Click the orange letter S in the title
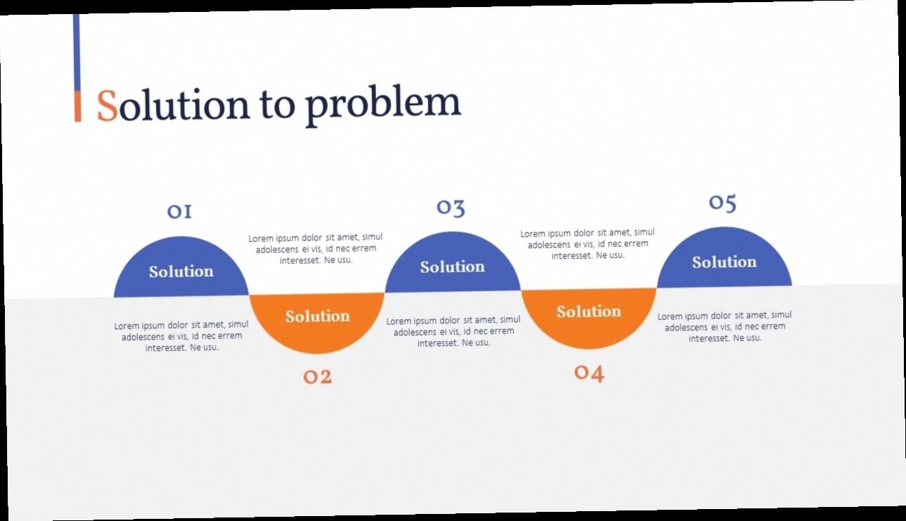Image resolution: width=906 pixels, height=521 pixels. (x=107, y=105)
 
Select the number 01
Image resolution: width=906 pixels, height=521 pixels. (x=179, y=212)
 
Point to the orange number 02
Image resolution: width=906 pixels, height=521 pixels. (x=318, y=377)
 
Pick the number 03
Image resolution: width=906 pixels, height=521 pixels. (x=451, y=207)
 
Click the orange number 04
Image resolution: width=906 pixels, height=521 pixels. (x=589, y=373)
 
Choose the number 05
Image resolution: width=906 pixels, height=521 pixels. (x=723, y=203)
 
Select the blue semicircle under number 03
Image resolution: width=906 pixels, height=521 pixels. (x=453, y=264)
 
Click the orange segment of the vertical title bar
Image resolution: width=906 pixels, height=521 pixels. (x=77, y=106)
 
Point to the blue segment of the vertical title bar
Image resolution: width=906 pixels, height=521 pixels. (x=77, y=53)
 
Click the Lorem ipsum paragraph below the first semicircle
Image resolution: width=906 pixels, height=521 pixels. (x=181, y=336)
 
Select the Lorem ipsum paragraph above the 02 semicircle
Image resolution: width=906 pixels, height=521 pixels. (x=316, y=248)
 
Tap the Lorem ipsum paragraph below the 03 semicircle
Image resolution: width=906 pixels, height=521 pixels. (x=453, y=331)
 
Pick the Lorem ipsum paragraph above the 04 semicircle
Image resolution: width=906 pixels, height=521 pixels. (x=588, y=244)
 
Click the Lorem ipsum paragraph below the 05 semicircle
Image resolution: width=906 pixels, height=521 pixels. (x=725, y=326)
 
